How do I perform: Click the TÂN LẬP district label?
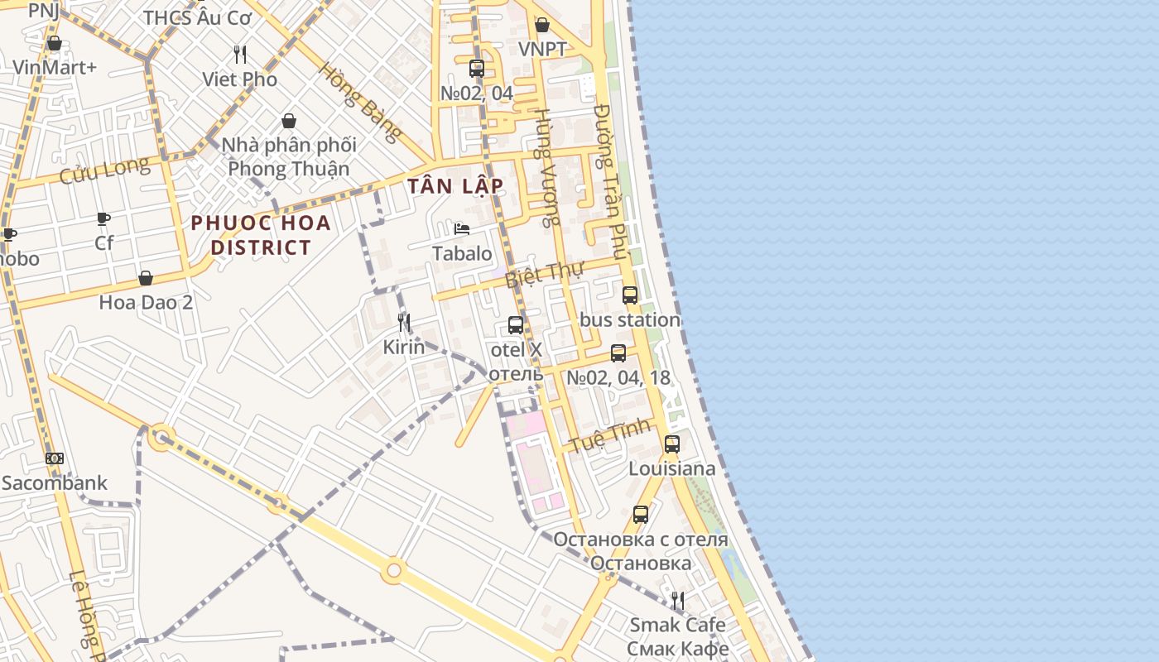coord(455,185)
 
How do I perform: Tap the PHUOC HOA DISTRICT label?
coord(261,235)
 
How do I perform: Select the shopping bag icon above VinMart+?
coord(55,43)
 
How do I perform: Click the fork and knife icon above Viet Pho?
coord(240,55)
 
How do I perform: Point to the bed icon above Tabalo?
coord(462,229)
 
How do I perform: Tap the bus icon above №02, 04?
coord(477,69)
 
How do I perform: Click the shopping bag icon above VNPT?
coord(542,25)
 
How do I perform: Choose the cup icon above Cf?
coord(103,219)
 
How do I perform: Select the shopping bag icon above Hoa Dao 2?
coord(146,278)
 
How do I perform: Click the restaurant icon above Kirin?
coord(404,323)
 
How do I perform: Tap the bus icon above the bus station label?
coord(630,295)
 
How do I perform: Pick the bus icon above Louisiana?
coord(672,444)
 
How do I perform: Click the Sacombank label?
coord(55,482)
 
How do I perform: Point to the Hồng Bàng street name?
coord(359,102)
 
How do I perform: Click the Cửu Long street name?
coord(104,171)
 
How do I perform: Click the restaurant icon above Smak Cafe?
coord(678,600)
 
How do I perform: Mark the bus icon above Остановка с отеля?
coord(641,515)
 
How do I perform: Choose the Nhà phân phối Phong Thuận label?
coord(289,156)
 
